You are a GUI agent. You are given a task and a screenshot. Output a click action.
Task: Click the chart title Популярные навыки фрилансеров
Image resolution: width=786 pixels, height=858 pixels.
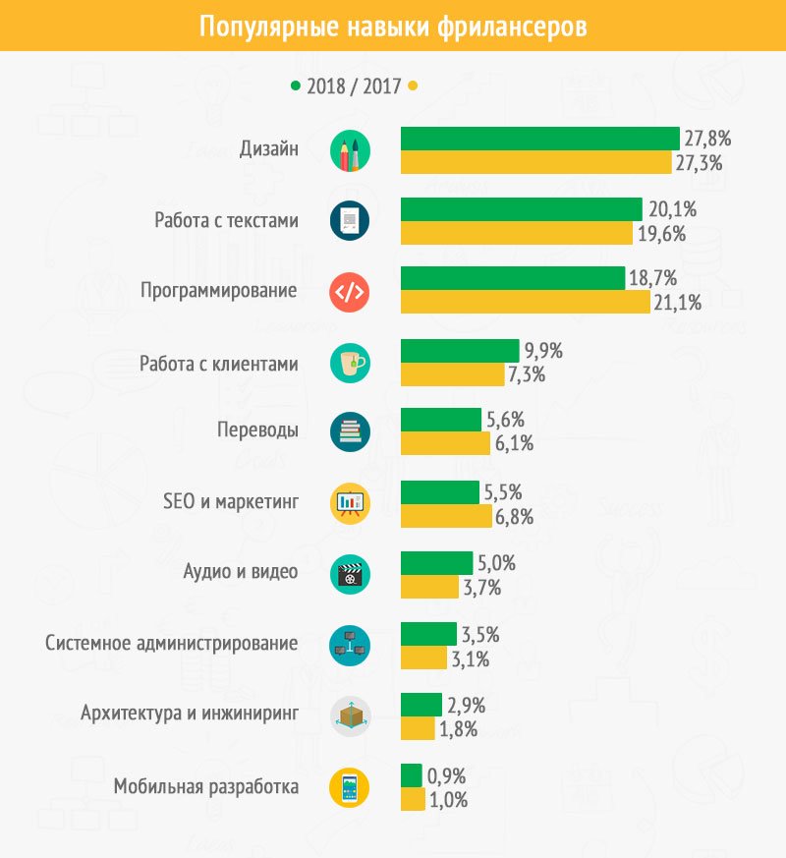coord(393,26)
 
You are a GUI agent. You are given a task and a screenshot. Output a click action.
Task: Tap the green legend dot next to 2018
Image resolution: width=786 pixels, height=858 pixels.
coord(294,86)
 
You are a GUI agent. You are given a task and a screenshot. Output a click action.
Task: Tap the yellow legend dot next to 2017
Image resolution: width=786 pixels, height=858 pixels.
coord(414,86)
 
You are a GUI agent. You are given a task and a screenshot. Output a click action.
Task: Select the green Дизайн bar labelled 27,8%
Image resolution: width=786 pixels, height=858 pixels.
coord(539,139)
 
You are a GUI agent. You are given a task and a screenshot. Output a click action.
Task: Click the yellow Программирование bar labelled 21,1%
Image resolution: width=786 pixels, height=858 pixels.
coord(526,303)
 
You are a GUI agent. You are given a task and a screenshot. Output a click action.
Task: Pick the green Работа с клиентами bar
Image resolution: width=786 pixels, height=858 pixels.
coord(460,351)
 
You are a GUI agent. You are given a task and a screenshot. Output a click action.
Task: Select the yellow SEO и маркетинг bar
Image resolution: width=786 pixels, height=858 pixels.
coord(446,516)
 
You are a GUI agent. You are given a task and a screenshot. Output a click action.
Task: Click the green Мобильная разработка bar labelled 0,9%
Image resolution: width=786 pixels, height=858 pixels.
coord(411,775)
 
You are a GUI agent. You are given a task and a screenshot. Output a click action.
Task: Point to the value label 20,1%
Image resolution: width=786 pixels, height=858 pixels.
coord(672,209)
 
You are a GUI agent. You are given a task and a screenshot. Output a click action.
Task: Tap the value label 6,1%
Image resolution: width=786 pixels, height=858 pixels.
coord(514,444)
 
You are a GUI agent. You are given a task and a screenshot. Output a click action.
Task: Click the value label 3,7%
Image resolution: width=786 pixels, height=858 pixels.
coord(482,588)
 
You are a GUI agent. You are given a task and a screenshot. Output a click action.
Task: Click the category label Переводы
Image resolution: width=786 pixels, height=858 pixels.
coord(257,430)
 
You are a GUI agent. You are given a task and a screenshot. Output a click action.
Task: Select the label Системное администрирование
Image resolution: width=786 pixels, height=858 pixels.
coord(172,644)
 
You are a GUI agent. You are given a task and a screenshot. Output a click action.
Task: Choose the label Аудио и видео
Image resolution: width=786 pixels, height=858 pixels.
coord(241,572)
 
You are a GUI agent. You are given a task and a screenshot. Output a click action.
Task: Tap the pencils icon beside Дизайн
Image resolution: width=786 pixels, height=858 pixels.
coord(351,150)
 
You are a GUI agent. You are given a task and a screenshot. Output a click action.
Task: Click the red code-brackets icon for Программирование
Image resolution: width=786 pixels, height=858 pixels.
coord(351,292)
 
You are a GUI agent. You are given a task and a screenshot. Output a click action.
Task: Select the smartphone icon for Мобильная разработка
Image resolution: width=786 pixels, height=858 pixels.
coord(351,787)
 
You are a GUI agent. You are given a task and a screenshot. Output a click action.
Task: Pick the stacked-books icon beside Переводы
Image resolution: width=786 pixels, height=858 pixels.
coord(351,432)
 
